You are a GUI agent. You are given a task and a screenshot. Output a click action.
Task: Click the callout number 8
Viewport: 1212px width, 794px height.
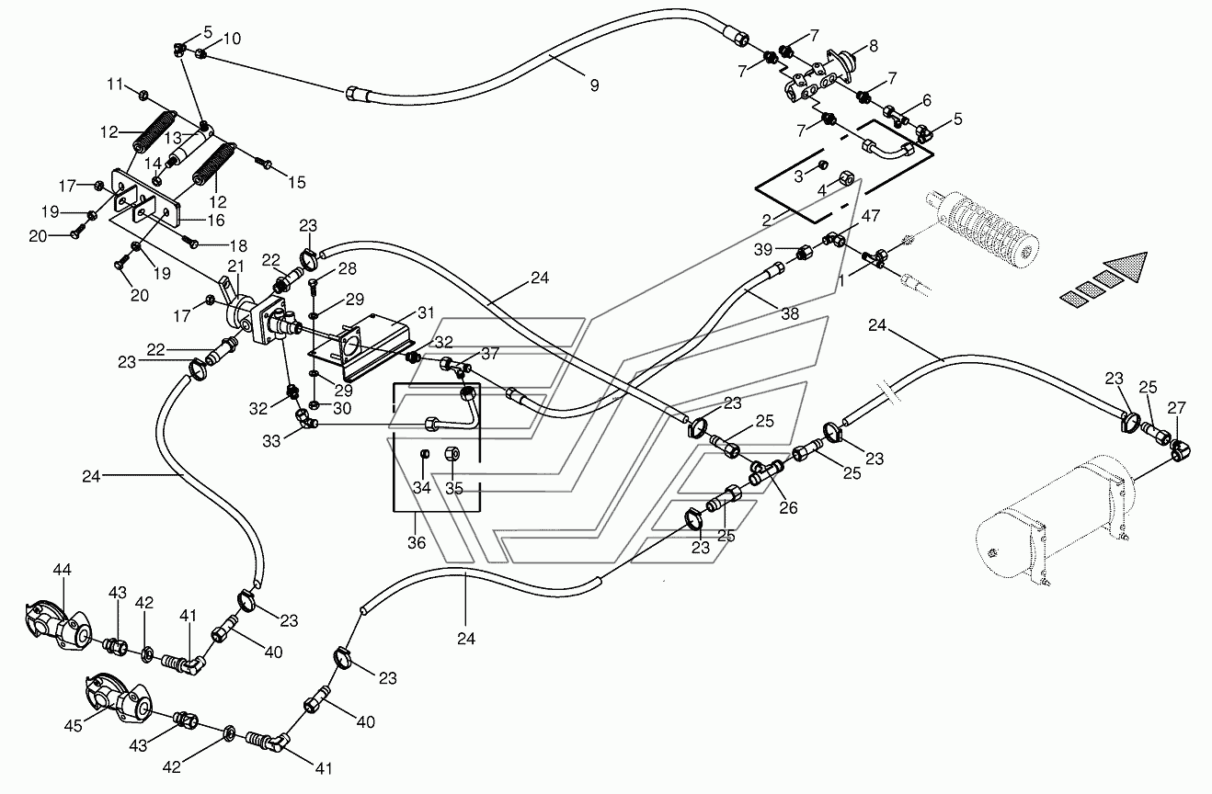(x=874, y=46)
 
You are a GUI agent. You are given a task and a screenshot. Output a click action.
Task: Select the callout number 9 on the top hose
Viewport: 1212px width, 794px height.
(x=595, y=85)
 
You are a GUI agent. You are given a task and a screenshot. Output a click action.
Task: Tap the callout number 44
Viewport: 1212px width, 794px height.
(x=62, y=569)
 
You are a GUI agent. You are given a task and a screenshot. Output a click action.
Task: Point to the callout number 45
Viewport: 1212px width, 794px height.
(x=73, y=725)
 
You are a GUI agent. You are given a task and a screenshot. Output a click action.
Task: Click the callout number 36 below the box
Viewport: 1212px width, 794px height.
(x=417, y=542)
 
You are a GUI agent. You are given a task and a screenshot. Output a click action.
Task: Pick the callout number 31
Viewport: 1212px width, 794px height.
(x=426, y=312)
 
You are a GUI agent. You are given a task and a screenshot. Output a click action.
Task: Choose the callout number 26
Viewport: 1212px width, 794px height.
(x=788, y=507)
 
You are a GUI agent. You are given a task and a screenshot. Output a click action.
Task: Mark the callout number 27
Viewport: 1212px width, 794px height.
(x=1177, y=408)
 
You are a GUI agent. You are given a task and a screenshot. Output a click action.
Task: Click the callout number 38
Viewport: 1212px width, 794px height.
(x=790, y=313)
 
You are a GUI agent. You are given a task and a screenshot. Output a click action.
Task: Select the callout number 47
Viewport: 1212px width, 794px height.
(x=871, y=216)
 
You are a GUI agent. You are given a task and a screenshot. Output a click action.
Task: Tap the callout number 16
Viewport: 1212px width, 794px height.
(x=216, y=221)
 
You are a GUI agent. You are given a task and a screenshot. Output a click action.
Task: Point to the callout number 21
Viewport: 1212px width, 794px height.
(x=235, y=267)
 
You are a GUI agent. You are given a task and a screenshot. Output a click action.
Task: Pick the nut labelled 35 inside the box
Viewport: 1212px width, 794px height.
(x=452, y=453)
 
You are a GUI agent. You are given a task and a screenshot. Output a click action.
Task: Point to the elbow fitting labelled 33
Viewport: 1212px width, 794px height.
(x=305, y=420)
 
